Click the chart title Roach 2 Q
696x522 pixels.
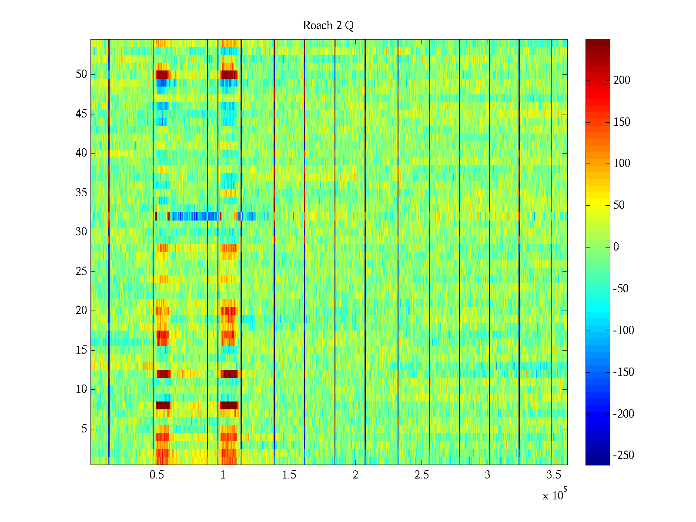coord(328,26)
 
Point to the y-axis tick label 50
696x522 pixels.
coord(81,74)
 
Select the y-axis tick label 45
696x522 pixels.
coord(81,114)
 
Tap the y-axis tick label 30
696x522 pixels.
coord(81,232)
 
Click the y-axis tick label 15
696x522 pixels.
coord(81,350)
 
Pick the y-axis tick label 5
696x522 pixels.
coord(84,429)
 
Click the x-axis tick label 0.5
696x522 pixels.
coord(157,475)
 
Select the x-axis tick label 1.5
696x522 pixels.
coord(289,475)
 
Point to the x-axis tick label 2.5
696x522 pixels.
coord(422,475)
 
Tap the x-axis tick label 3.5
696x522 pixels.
coord(554,475)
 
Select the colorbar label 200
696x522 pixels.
coord(622,80)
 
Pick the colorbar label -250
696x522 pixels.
coord(623,455)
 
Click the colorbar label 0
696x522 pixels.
coord(616,247)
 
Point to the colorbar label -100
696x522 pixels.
coord(623,331)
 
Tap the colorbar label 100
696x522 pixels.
coord(622,164)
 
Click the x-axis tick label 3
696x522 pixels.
coord(488,475)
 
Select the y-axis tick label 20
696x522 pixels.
coord(81,311)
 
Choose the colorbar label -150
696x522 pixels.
coord(623,372)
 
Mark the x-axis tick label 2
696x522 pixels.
coord(355,475)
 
